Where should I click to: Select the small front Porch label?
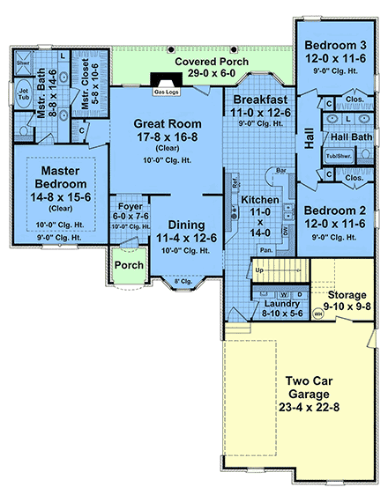130,265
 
